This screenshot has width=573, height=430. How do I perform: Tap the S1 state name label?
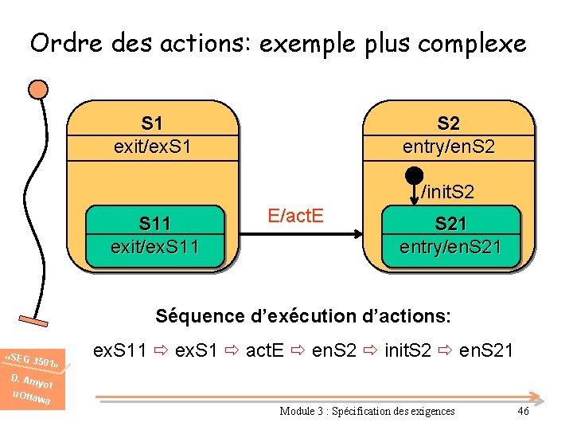coord(152,123)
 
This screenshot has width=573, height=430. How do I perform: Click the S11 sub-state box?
coord(154,235)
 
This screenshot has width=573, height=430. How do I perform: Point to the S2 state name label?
coord(448,123)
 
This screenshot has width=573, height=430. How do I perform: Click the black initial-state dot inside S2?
coord(414,175)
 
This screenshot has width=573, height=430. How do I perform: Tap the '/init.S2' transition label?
coord(447,192)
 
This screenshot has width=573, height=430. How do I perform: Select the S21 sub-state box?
coord(450,235)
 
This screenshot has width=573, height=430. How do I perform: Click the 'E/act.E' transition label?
coord(295,214)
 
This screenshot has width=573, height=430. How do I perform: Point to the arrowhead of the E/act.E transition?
coord(357,235)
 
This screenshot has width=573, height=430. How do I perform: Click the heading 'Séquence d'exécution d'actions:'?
coord(303,316)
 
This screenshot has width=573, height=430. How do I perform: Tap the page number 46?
coord(523,411)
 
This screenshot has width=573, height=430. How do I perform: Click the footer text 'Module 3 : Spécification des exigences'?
coord(367,411)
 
